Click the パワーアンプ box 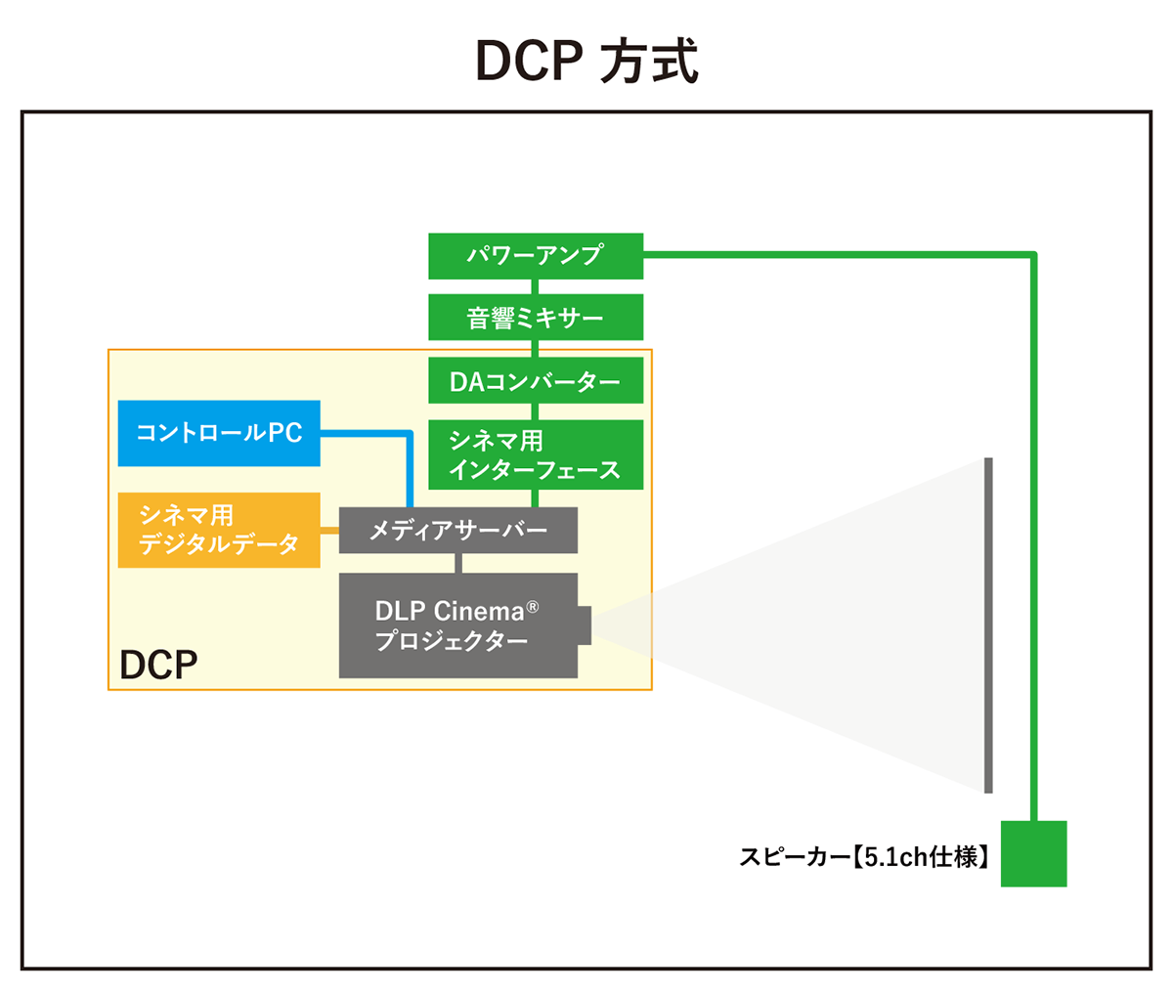coord(536,256)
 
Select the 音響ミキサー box coord(536,318)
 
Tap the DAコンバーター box coord(536,381)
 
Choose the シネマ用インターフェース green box coord(536,454)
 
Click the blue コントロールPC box coord(219,433)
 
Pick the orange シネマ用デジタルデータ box coord(219,530)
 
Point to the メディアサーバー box coord(457,531)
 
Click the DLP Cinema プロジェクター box coord(457,625)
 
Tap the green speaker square coord(1033,854)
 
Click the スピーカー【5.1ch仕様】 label coord(866,857)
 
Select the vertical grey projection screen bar coord(988,625)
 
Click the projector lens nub coord(585,625)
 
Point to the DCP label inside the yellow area coord(158,665)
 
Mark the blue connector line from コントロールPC coord(409,459)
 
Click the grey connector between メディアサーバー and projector coord(457,563)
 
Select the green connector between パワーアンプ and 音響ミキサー coord(536,286)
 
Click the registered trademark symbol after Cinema coord(533,607)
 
